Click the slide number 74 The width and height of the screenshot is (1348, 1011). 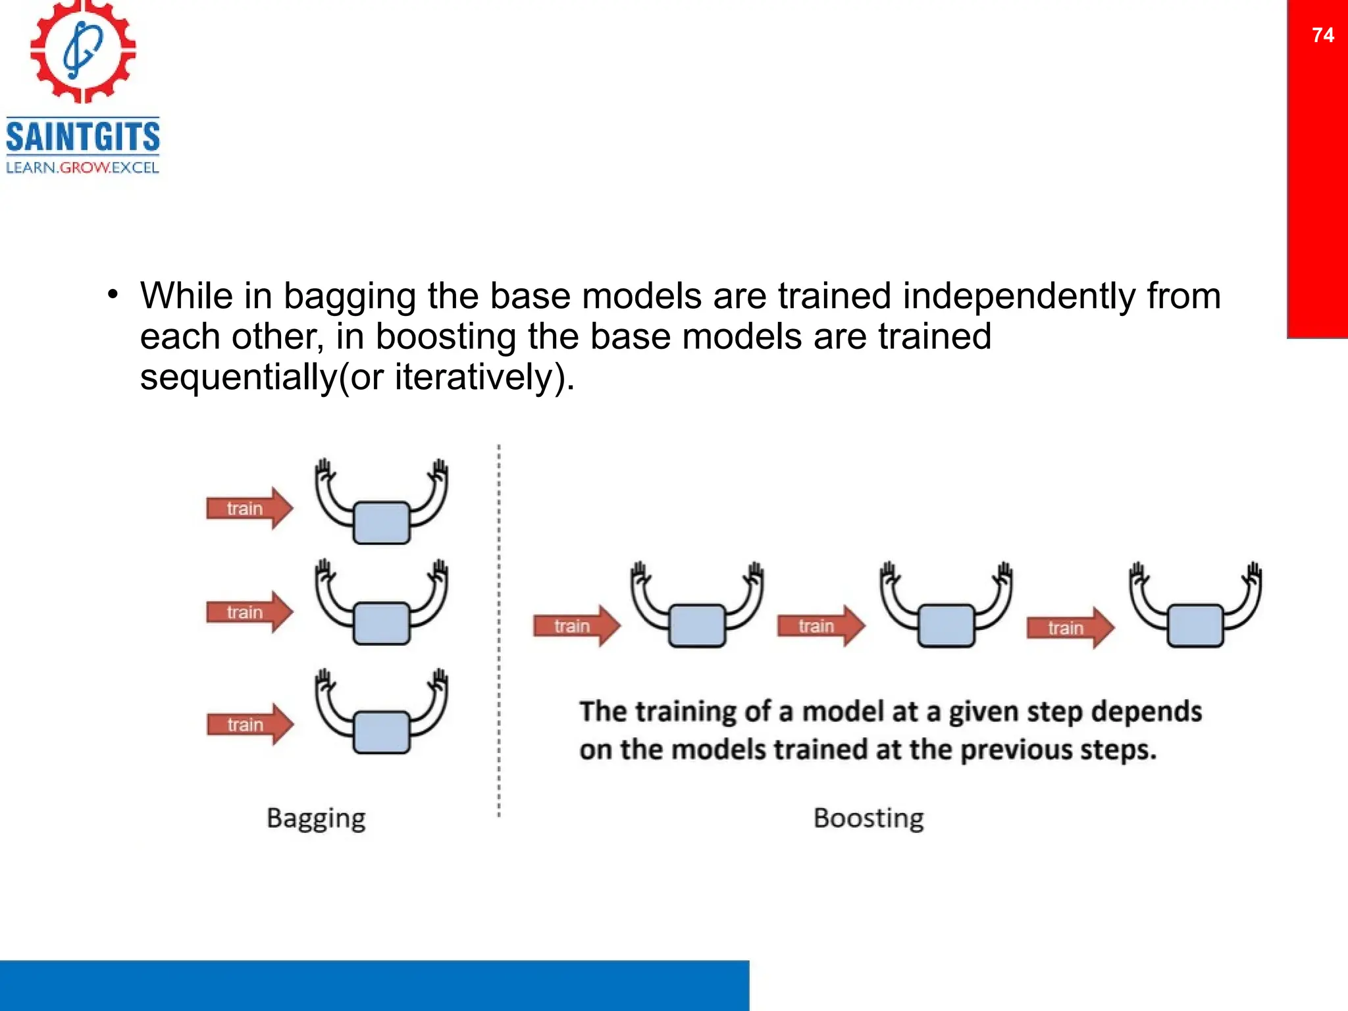[1322, 35]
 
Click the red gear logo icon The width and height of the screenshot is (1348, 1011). [83, 51]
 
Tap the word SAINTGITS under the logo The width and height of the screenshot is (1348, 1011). [83, 137]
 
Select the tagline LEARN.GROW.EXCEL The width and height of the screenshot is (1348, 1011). [83, 168]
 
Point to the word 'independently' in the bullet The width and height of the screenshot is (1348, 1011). [1019, 296]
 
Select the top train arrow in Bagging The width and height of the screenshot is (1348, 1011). [249, 508]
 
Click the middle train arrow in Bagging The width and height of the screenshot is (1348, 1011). [249, 612]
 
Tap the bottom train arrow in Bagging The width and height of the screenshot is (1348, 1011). [249, 725]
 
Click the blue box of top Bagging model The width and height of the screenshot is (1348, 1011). [381, 523]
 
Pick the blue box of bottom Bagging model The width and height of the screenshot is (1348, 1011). [381, 732]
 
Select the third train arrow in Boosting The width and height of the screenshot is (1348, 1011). [1070, 628]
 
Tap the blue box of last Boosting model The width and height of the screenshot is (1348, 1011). [1195, 626]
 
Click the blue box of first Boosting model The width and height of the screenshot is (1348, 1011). [696, 626]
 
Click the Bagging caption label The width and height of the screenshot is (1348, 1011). [316, 818]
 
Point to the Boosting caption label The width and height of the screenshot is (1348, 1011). [868, 818]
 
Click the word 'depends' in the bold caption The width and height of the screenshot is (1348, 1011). [1146, 712]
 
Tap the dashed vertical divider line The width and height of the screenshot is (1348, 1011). [499, 632]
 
